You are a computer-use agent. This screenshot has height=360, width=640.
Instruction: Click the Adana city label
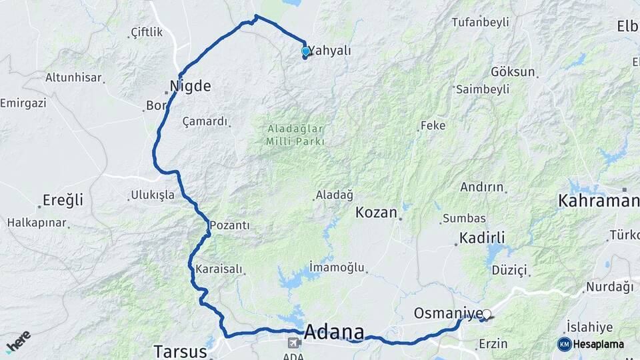(335, 332)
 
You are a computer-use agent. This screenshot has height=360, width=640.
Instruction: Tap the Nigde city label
(190, 86)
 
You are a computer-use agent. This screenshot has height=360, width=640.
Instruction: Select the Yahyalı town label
(331, 51)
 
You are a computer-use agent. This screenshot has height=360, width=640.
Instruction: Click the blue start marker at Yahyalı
(305, 51)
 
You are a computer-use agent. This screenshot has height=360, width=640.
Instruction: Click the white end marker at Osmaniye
(487, 314)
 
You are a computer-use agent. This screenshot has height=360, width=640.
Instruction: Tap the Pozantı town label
(229, 226)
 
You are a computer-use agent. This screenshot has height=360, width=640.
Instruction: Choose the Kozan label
(377, 213)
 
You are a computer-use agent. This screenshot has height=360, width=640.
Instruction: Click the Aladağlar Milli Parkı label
(295, 135)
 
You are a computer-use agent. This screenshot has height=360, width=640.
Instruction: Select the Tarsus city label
(177, 351)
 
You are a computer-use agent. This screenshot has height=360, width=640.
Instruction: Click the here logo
(19, 341)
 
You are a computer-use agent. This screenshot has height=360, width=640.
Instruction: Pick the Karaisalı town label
(219, 270)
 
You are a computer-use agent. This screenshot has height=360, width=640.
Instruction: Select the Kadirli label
(482, 238)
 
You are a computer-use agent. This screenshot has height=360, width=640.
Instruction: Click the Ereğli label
(63, 200)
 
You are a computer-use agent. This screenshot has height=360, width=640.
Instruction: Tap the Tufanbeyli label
(480, 22)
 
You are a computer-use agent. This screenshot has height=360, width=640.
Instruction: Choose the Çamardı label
(205, 122)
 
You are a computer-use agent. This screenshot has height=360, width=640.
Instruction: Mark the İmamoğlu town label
(337, 267)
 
